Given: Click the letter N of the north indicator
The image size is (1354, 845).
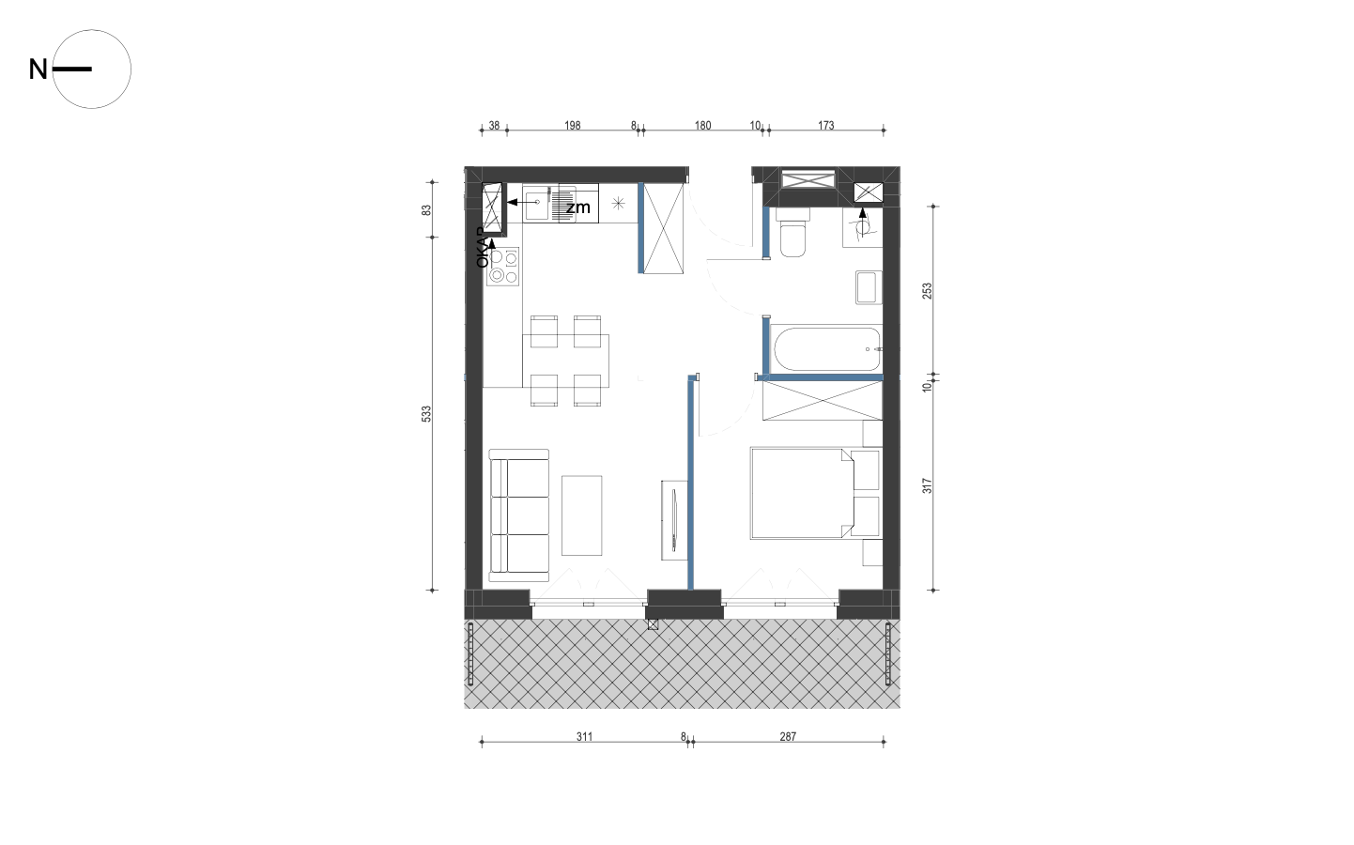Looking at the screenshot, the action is coord(38,69).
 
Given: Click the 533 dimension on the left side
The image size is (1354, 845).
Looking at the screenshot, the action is coord(426,414).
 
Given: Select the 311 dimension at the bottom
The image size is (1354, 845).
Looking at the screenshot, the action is coord(585,737).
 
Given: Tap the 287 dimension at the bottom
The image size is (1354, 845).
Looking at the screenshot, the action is coord(788,737).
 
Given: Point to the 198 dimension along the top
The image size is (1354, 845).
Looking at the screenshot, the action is coord(573,126).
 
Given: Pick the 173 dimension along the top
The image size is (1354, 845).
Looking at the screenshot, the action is coord(826,126).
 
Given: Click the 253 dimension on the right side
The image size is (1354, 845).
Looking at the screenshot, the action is coord(928,291).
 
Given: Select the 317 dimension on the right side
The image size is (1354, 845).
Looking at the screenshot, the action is coord(928,486).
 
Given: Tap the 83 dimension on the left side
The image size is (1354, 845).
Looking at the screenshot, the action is coord(426,210).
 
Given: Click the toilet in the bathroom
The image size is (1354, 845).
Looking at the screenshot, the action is coord(793,233).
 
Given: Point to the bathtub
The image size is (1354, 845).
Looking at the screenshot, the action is coord(827,349).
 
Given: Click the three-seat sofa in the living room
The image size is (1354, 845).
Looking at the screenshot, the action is coord(519,515).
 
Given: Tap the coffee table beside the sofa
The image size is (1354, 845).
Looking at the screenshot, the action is coord(581,515).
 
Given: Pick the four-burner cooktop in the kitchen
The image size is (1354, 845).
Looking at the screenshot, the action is coord(503,267).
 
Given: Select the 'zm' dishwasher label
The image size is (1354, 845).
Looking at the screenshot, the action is coord(577,207).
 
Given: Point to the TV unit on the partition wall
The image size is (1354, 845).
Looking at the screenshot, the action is coord(674,520).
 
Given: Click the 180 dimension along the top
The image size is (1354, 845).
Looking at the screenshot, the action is coord(703,126).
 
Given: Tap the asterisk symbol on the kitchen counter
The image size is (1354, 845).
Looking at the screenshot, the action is coord(618,203).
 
